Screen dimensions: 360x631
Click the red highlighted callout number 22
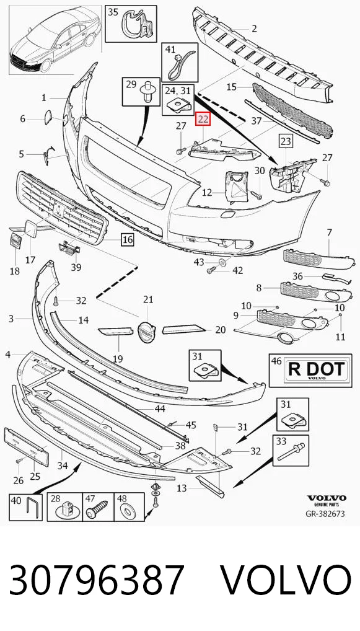tap(203, 119)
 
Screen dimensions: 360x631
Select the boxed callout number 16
tap(128, 240)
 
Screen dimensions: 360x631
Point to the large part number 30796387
tap(96, 580)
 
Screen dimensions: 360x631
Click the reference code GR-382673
tap(325, 514)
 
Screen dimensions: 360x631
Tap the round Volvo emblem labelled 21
tap(146, 332)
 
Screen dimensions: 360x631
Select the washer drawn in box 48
tap(130, 512)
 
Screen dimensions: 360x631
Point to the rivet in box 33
tap(292, 453)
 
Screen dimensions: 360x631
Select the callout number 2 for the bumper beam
tap(254, 28)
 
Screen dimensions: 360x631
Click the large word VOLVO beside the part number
tap(286, 580)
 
